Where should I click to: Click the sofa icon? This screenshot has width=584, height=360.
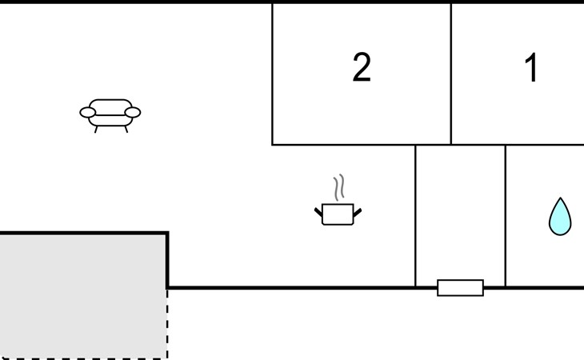click(110, 116)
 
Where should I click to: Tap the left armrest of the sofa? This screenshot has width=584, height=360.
click(88, 112)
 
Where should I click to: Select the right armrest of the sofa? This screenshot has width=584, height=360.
click(133, 112)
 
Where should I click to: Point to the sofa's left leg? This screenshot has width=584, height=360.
click(96, 129)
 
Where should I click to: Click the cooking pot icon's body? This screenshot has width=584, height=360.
click(338, 214)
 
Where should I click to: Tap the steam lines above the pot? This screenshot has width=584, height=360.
click(339, 187)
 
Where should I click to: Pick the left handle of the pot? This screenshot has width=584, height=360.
click(319, 212)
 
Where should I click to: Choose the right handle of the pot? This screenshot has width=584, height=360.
click(357, 212)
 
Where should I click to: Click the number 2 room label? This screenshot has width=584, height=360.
click(362, 67)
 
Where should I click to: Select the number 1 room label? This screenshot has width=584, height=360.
click(531, 67)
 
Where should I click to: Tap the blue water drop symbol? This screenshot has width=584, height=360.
click(560, 217)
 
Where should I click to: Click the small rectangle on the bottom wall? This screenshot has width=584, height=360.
click(460, 288)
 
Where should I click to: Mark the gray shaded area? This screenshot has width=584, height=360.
click(82, 296)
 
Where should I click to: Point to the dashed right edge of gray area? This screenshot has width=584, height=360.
click(167, 324)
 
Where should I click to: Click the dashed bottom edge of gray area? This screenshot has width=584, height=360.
click(84, 358)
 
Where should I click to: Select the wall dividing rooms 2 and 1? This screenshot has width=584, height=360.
click(451, 74)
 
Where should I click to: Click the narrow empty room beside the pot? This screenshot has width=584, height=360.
click(460, 212)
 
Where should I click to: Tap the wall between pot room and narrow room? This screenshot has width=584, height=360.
click(415, 216)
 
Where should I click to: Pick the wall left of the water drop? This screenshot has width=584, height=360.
click(506, 216)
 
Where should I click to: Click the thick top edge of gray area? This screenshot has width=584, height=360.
click(84, 233)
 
